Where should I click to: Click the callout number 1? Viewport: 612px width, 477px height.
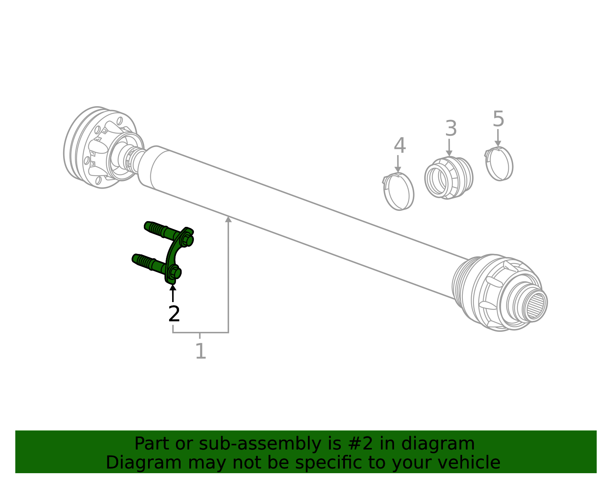tap(200, 351)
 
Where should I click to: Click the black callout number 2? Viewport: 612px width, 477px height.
tap(174, 314)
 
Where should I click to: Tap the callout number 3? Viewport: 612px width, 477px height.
tap(451, 129)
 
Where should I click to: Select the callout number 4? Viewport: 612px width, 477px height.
tap(400, 146)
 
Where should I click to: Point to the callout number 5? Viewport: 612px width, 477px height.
tap(498, 119)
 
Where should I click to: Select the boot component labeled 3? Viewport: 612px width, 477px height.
tap(449, 178)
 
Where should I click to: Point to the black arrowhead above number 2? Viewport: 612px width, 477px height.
tap(173, 288)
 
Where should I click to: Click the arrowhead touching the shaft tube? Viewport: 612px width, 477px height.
tap(228, 219)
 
